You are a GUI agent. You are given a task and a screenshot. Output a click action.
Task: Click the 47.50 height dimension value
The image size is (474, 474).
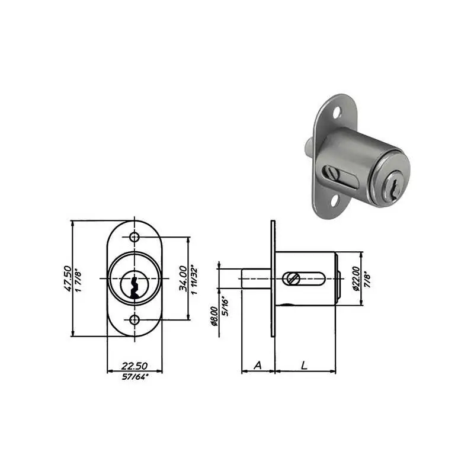coord(68,278)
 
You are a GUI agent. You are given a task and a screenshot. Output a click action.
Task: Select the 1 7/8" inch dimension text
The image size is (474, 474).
coord(78,280)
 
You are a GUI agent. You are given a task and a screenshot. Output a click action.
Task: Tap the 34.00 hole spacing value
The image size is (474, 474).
coord(182,278)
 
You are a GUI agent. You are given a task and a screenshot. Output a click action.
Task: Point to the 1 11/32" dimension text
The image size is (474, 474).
coord(194,280)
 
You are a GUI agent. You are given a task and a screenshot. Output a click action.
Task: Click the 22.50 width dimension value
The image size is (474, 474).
coord(134,366)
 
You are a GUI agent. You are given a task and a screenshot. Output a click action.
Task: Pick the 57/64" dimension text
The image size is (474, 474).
coord(135,377)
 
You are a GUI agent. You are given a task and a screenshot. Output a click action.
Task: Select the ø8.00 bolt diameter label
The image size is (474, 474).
coord(214,316)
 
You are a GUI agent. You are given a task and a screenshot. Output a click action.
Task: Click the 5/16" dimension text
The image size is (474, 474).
coord(225,306)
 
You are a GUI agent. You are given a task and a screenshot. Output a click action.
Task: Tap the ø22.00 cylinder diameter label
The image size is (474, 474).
coord(357,278)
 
